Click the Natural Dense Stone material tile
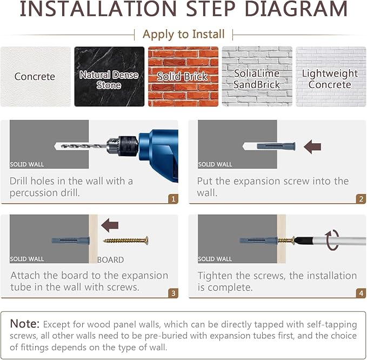[109, 77]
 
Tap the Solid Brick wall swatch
[183, 77]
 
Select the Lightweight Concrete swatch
[331, 77]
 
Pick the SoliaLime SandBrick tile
[257, 77]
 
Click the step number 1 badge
[173, 199]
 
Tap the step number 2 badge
[361, 199]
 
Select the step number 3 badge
[173, 294]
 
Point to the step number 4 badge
[361, 294]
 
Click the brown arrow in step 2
[312, 147]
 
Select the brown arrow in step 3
[110, 225]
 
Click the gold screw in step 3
[126, 241]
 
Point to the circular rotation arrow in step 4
[332, 240]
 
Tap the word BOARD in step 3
[110, 260]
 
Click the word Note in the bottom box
[25, 324]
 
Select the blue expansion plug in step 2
[276, 146]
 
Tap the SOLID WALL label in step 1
[27, 164]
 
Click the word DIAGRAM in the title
[296, 9]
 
